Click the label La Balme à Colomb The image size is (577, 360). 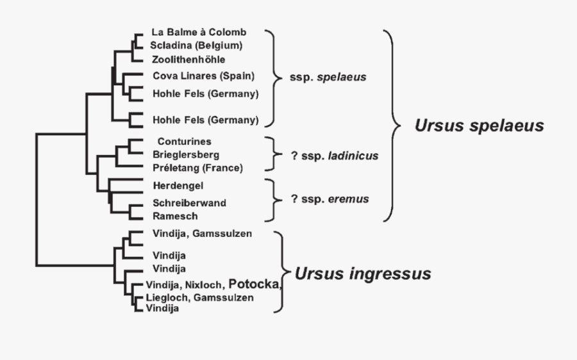point(199,32)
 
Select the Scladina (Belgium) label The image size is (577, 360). point(196,45)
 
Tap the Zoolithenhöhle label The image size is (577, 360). point(188,60)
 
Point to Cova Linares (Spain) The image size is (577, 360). point(203,76)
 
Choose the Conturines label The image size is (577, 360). point(184,141)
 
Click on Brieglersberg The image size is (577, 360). point(186,154)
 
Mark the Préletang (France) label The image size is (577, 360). point(197,168)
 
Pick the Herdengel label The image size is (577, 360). point(179,186)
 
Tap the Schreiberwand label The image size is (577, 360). point(189,202)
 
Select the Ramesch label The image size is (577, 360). point(175,216)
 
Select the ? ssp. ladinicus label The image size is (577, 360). point(334,156)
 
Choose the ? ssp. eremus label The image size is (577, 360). point(330,199)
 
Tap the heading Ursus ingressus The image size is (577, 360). point(362,274)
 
